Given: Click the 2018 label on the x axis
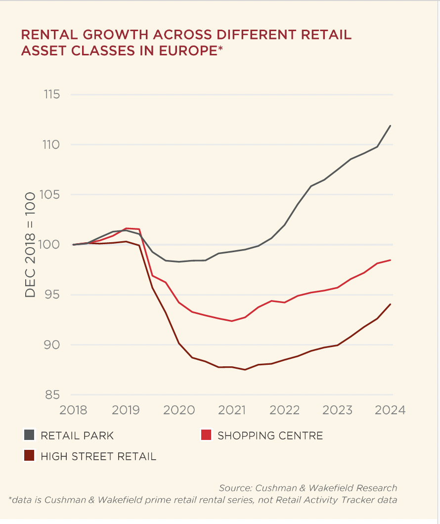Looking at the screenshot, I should click(73, 410).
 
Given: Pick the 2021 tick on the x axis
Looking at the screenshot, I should click(232, 410).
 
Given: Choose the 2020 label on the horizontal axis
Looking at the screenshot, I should click(179, 410).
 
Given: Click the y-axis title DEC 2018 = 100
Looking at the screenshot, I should click(31, 245).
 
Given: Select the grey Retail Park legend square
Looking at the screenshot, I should click(30, 436).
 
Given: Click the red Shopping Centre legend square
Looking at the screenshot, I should click(207, 436).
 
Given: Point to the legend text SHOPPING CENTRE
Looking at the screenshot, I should click(270, 436).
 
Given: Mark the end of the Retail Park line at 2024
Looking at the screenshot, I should click(391, 126).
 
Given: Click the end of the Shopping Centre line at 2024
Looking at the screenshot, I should click(391, 260).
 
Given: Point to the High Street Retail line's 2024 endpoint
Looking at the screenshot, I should click(391, 304).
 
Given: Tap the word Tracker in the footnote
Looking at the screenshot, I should click(344, 499).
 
